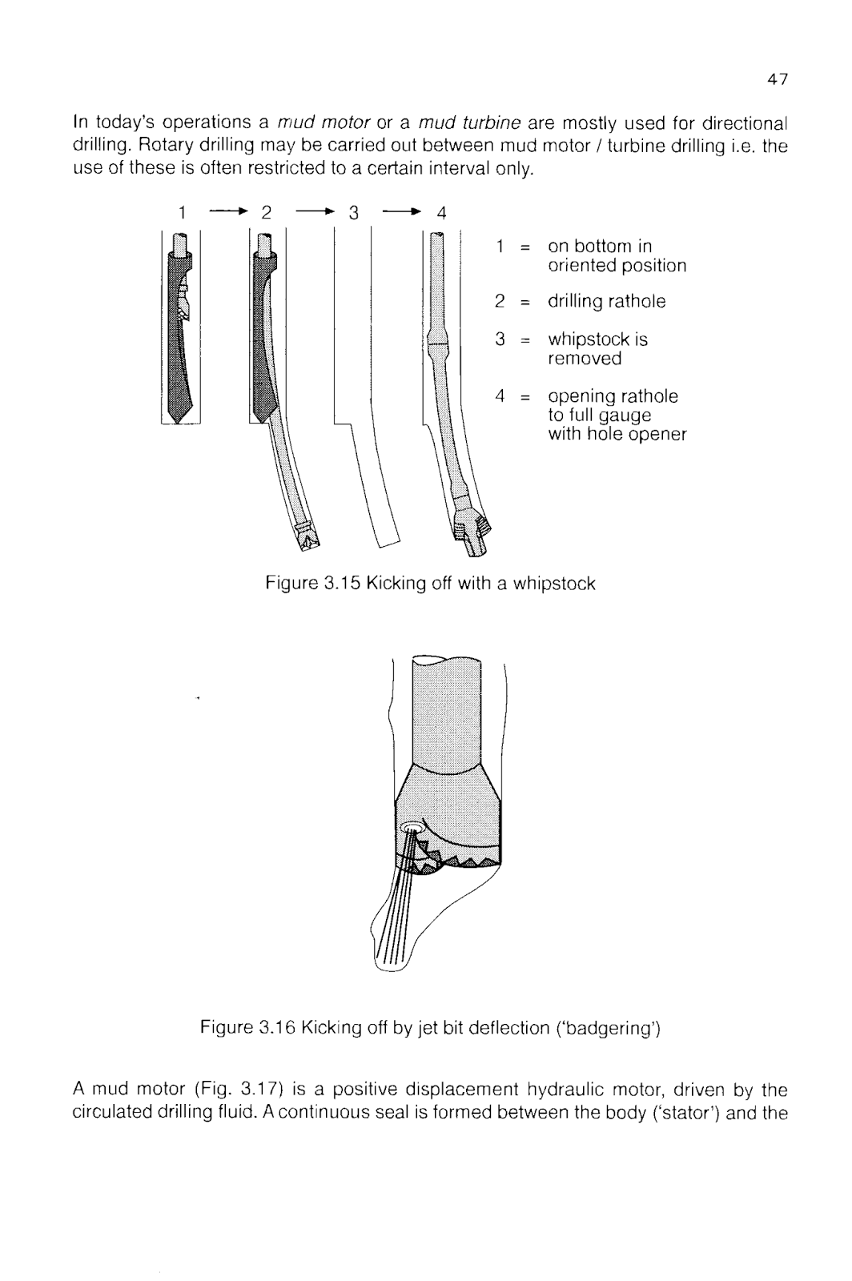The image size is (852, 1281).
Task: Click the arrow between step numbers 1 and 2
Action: pyautogui.click(x=228, y=212)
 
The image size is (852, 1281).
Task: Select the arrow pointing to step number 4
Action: pyautogui.click(x=401, y=212)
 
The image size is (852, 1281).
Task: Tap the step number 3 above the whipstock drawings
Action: pyautogui.click(x=352, y=213)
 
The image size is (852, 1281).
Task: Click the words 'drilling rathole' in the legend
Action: pyautogui.click(x=606, y=302)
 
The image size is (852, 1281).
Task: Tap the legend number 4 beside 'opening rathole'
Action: pyautogui.click(x=500, y=396)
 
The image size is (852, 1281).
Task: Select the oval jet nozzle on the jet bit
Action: pyautogui.click(x=414, y=825)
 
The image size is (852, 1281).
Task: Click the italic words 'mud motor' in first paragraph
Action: pyautogui.click(x=323, y=124)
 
